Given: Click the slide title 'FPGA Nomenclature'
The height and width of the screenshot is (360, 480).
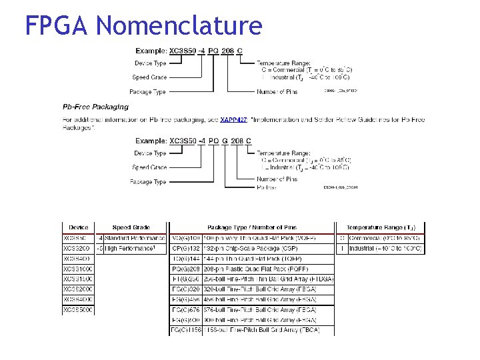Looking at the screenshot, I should [x=143, y=25].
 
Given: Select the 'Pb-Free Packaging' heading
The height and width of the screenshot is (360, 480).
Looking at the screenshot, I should [x=95, y=107].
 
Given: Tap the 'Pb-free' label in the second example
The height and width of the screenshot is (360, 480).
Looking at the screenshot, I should [x=267, y=187].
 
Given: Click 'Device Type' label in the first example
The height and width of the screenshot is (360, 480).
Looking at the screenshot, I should [x=150, y=63].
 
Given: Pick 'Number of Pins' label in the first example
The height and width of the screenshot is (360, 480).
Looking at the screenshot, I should [x=277, y=92].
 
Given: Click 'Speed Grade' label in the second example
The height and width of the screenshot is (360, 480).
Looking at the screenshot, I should [x=149, y=167].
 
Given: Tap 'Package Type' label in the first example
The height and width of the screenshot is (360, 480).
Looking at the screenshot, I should [x=148, y=92].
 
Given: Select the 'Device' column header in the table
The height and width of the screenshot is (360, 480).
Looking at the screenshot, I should [x=79, y=228].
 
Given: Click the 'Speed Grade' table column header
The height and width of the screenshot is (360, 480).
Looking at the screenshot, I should [x=131, y=228].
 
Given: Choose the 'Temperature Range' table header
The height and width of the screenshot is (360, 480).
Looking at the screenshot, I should [x=381, y=228].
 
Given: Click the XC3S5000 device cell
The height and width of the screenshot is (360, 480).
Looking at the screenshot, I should [x=79, y=310].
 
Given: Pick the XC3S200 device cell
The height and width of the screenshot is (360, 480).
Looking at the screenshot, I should [x=79, y=248].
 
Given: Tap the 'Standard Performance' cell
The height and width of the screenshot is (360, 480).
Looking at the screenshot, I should [x=135, y=238].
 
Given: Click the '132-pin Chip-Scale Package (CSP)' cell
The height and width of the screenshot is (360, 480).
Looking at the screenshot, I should [x=256, y=248].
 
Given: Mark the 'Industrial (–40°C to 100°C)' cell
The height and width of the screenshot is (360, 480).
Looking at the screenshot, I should [x=385, y=248].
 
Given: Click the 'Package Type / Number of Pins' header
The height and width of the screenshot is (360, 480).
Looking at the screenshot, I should [x=252, y=228].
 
